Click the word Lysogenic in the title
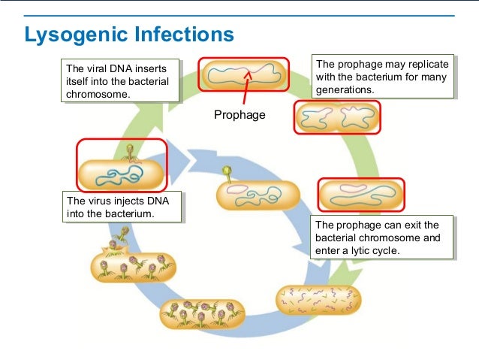(76, 35)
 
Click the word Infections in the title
(184, 34)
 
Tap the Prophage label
(239, 115)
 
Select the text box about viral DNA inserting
(120, 80)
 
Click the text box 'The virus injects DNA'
(122, 207)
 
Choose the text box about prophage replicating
(383, 77)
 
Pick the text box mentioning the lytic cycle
(381, 237)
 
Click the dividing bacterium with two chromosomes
(337, 117)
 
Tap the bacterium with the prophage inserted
(243, 74)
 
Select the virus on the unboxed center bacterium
(227, 174)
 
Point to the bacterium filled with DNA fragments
(318, 301)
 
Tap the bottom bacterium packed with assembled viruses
(203, 314)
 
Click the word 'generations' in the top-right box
(345, 90)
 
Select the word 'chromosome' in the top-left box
(98, 94)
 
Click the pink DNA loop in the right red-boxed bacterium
(353, 188)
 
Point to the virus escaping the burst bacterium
(122, 234)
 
